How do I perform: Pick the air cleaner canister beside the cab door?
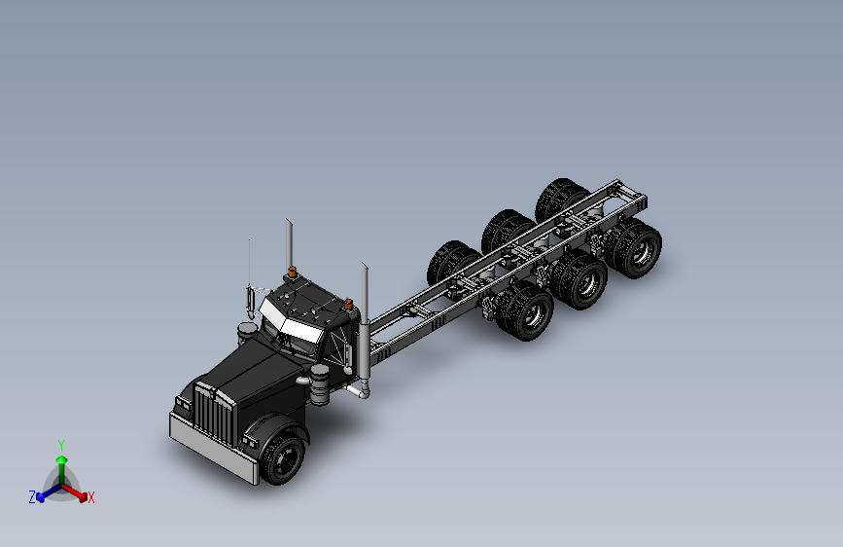pos(320,385)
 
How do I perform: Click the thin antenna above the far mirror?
pos(249,263)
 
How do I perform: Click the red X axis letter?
pos(91,498)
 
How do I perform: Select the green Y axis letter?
pos(60,444)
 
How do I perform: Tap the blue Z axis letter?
pos(32,497)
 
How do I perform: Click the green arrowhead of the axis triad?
pos(61,459)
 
